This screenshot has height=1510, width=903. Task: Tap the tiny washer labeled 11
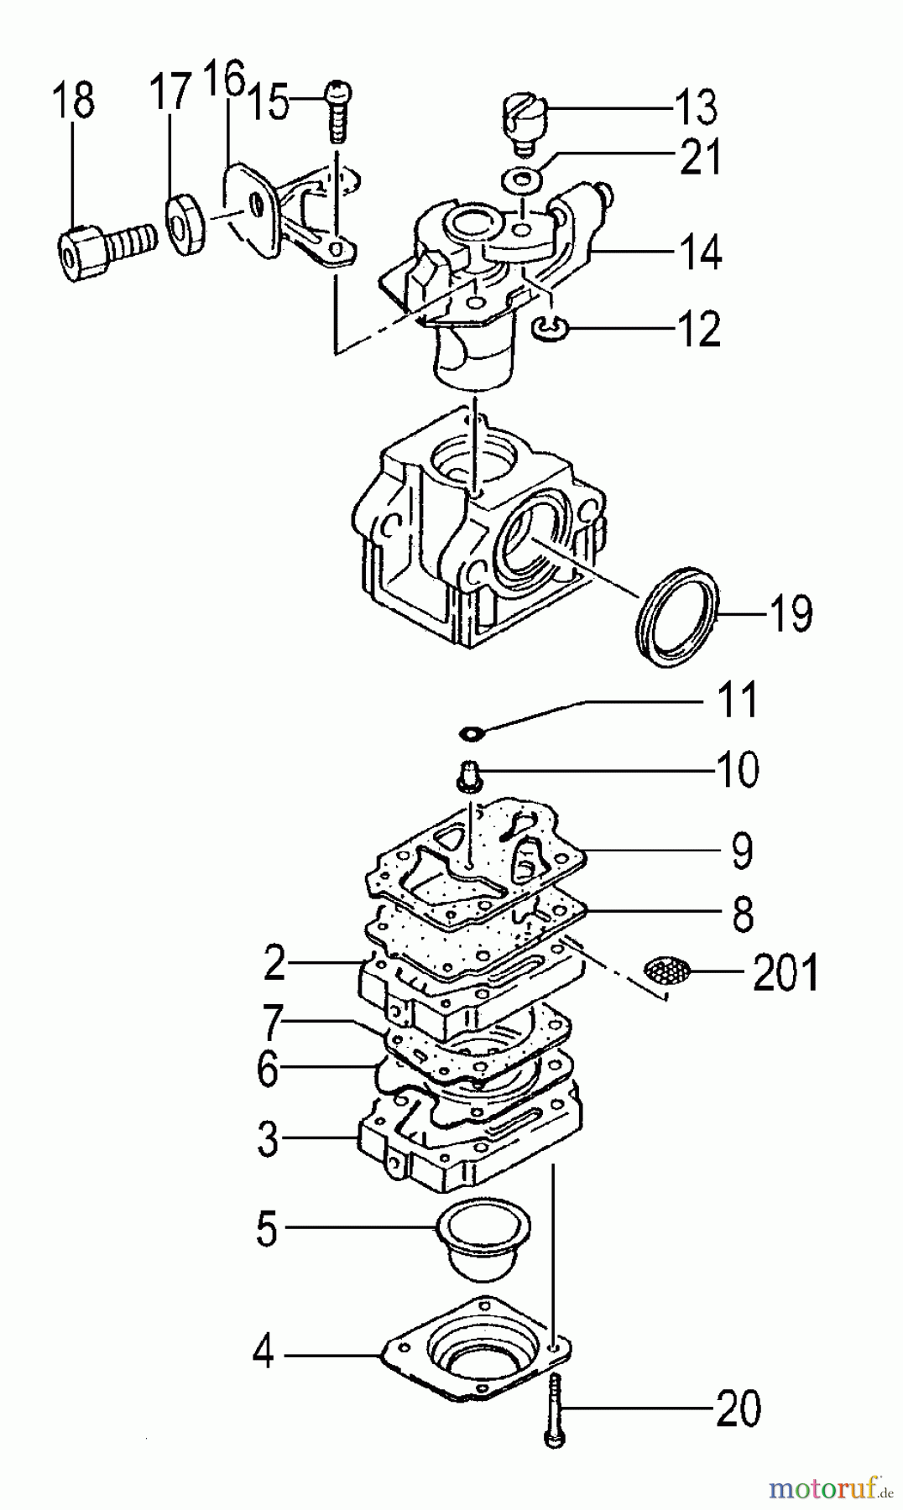[x=472, y=734]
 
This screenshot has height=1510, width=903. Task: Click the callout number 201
[x=785, y=972]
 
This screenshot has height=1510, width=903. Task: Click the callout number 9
[x=743, y=850]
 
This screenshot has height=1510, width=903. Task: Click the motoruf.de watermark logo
[x=832, y=1487]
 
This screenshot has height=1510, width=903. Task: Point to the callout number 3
[x=268, y=1138]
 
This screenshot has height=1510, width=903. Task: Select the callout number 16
[x=224, y=81]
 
